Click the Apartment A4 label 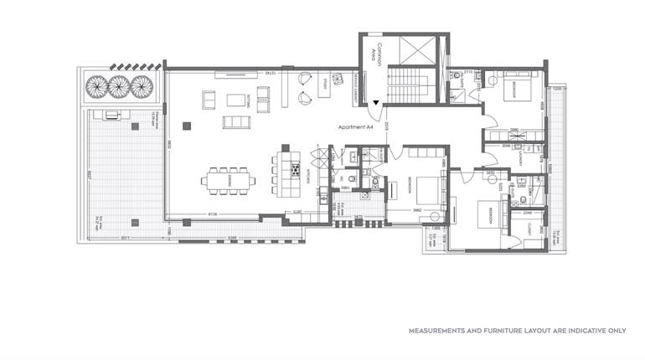click(354, 126)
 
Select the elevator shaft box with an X click(412, 54)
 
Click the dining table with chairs click(224, 178)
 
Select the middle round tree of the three click(117, 86)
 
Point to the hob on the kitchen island click(296, 170)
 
